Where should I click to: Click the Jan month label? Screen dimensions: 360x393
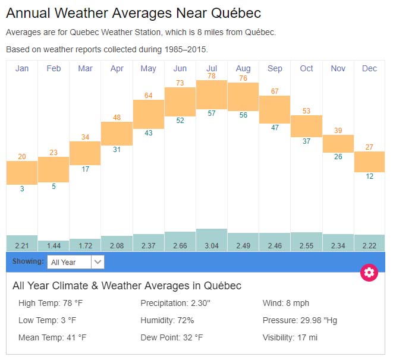pos(22,68)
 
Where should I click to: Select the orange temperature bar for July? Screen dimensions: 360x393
pos(212,94)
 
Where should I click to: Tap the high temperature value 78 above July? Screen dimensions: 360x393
pos(212,76)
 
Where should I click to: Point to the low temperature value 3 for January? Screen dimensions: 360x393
pos(22,189)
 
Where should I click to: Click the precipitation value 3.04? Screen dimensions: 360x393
pos(212,245)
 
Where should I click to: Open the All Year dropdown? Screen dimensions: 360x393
pos(77,261)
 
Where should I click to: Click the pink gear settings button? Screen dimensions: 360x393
pos(369,273)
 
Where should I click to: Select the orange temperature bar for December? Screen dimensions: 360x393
pos(369,162)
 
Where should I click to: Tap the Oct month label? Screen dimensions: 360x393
pos(306,68)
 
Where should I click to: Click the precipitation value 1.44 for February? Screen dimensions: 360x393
pos(54,245)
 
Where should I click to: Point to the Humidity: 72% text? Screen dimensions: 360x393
pos(167,320)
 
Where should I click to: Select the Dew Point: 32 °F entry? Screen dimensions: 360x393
pos(172,337)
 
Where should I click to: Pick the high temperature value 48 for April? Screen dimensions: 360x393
pos(117,117)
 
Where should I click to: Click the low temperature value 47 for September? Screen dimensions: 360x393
pos(275,128)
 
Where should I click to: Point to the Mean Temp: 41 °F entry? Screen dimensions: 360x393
pos(52,337)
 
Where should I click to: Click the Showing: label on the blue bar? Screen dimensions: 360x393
pos(28,261)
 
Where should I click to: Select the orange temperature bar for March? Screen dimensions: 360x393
pos(85,153)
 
